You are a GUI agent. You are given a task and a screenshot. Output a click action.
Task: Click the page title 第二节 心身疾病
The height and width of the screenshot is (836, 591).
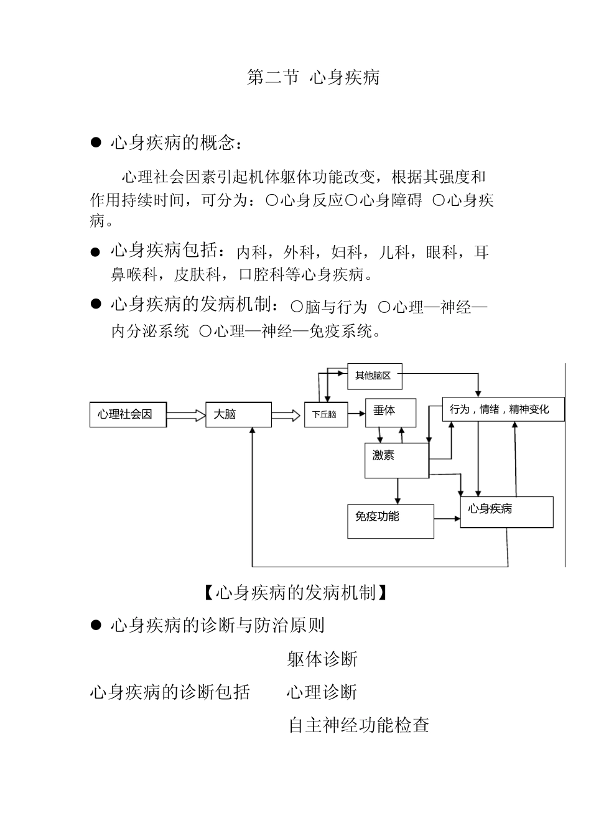(x=313, y=78)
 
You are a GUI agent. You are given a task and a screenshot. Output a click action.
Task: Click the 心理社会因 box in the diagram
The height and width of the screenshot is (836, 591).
(x=128, y=415)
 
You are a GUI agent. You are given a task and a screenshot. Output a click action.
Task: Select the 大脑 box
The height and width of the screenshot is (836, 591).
(x=238, y=415)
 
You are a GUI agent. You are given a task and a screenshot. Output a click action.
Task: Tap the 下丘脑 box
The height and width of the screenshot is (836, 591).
(x=324, y=415)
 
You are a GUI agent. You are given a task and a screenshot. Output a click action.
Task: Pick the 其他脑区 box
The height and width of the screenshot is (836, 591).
(x=375, y=376)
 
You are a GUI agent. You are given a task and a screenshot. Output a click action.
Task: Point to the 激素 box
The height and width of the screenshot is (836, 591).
(x=396, y=460)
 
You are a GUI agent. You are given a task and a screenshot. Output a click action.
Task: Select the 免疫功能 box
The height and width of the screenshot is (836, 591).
(x=390, y=521)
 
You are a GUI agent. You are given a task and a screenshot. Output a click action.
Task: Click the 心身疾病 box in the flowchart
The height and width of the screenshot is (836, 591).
(x=506, y=512)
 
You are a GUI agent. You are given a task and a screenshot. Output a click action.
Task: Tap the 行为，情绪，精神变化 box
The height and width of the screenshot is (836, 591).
(x=503, y=410)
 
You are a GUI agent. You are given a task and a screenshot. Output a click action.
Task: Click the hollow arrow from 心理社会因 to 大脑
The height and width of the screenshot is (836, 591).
(x=186, y=415)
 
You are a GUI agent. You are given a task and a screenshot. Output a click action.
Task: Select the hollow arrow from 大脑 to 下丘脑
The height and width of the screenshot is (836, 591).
(x=286, y=415)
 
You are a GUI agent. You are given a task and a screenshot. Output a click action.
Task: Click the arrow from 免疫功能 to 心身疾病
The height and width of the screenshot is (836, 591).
(x=447, y=518)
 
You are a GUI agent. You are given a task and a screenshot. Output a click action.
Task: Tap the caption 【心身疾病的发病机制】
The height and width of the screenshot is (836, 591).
(x=295, y=593)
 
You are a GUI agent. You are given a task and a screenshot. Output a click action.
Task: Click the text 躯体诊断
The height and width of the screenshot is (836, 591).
(x=322, y=659)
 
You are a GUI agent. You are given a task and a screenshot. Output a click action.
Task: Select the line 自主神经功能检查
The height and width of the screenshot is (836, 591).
(x=358, y=725)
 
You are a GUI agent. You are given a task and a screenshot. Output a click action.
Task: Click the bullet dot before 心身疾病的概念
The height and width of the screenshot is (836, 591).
(x=96, y=144)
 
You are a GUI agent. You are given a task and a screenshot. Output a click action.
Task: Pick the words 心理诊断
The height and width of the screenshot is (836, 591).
(x=322, y=692)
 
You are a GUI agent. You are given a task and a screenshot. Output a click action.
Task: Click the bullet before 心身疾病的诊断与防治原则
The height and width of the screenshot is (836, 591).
(x=96, y=625)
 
